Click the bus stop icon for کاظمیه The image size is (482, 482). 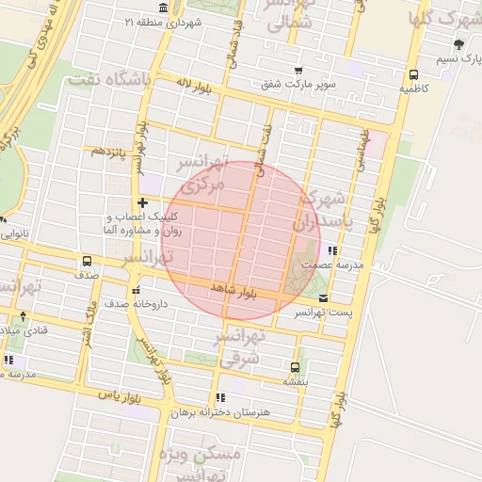413,75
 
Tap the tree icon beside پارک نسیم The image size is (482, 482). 458,44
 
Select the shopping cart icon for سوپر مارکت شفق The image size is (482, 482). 298,72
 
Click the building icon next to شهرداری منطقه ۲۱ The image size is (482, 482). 165,8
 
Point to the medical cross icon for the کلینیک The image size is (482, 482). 141,202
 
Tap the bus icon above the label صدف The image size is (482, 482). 87,262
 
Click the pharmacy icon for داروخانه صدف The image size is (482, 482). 137,290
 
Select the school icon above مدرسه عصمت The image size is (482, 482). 331,250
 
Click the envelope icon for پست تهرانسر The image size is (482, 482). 324,297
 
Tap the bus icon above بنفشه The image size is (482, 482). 295,367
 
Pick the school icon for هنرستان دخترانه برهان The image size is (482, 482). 220,397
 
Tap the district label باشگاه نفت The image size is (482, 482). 109,80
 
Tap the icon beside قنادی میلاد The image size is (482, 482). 23,316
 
